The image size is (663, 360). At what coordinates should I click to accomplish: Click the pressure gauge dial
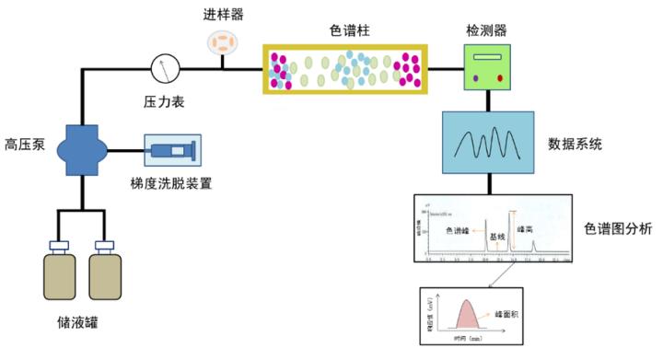(x=164, y=67)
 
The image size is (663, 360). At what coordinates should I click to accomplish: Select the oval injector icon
(x=222, y=41)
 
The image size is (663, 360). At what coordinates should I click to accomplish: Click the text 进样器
(x=222, y=15)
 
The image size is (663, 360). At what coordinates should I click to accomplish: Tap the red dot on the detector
(x=500, y=79)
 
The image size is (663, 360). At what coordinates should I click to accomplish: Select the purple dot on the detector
(x=475, y=79)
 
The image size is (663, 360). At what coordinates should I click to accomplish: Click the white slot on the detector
(x=487, y=57)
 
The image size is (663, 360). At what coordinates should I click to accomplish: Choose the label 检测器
(x=486, y=30)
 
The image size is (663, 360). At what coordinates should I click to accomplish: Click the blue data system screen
(x=487, y=143)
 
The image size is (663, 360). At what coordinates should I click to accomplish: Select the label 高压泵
(x=24, y=144)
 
